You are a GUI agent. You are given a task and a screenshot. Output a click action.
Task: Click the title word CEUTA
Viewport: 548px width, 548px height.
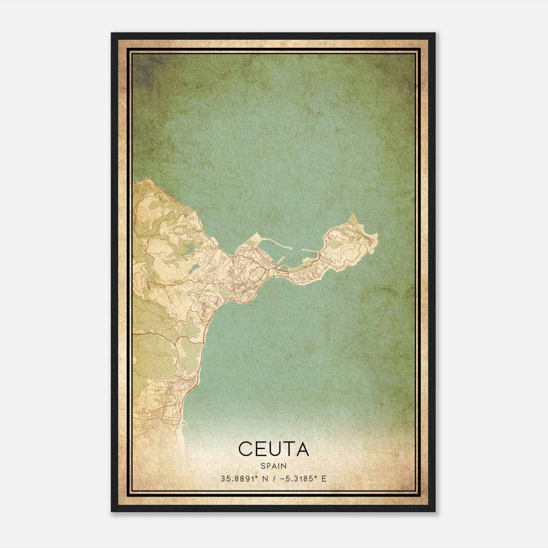coord(273,449)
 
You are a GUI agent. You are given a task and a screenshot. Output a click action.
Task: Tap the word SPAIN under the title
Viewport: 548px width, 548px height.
coord(273,466)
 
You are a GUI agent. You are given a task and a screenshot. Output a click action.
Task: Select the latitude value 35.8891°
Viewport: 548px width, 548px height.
coord(238,479)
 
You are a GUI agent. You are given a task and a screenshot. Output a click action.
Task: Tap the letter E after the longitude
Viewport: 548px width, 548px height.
coord(324,479)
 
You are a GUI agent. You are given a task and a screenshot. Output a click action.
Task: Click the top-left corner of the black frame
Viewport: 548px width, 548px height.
coord(112,33)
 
